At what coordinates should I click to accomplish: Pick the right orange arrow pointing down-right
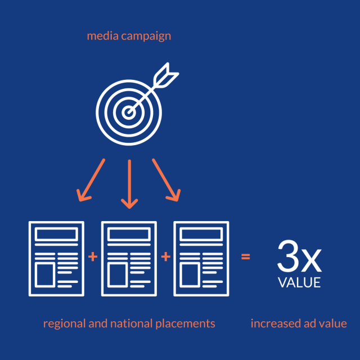coord(166,180)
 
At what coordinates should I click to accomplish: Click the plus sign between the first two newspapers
coord(92,257)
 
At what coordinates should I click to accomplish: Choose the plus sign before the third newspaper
coord(165,257)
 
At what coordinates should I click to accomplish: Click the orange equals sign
coord(245,257)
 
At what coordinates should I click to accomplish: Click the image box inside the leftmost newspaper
coord(44,273)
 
